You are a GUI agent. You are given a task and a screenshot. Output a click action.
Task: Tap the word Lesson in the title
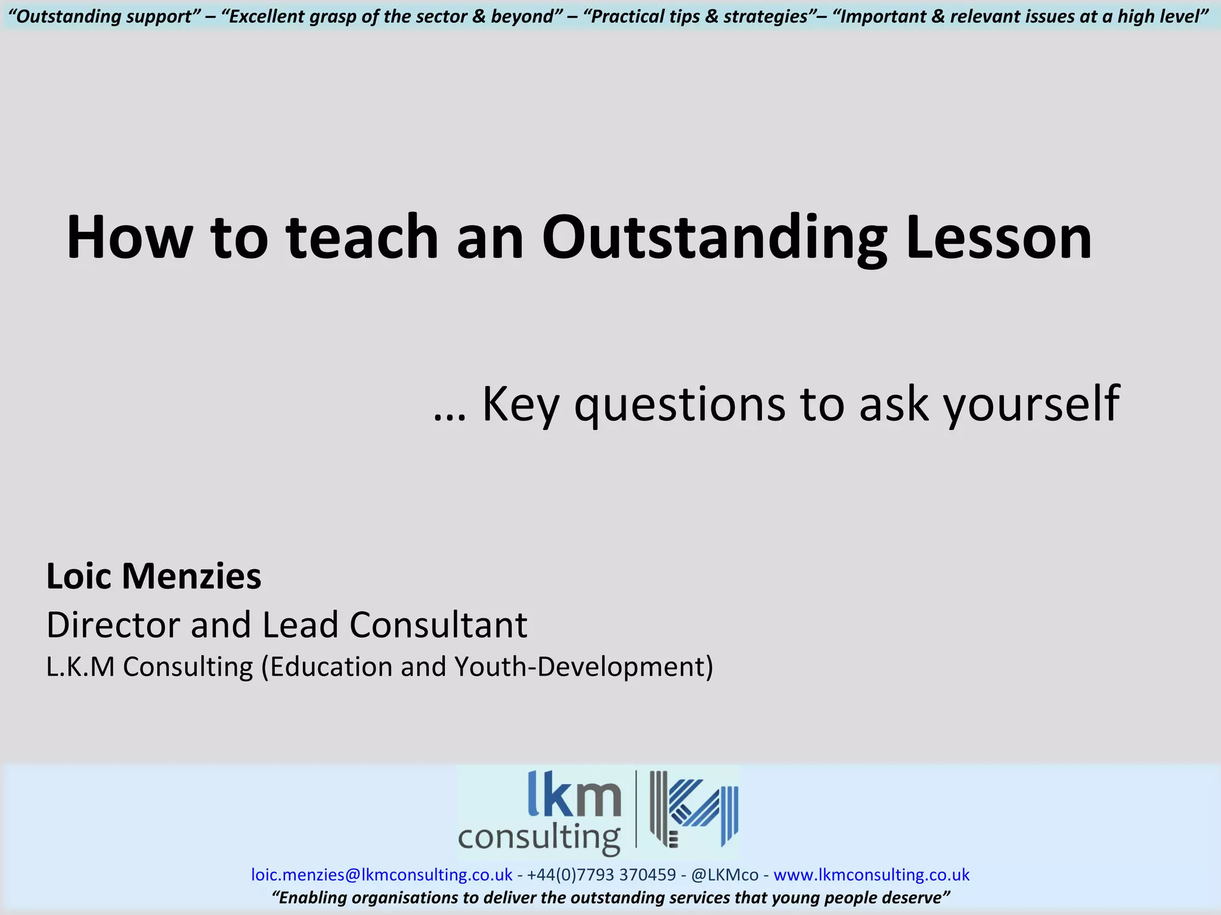[999, 238]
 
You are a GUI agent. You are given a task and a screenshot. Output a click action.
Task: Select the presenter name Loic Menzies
[154, 577]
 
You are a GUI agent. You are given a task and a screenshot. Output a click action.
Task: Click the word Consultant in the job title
[438, 625]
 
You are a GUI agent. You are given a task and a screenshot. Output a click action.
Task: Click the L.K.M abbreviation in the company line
[80, 667]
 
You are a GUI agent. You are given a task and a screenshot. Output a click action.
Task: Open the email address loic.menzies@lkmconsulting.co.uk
[382, 874]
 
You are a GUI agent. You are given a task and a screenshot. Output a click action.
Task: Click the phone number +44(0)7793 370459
[601, 874]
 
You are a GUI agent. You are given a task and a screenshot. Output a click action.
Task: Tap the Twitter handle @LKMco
[724, 874]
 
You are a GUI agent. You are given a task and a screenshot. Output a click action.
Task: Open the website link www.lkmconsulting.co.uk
[872, 874]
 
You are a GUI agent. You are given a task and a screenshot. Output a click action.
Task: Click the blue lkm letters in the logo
[574, 795]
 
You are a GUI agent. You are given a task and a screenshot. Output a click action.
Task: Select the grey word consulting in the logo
[539, 837]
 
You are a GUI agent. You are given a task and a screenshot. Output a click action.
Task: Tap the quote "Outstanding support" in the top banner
[105, 16]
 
